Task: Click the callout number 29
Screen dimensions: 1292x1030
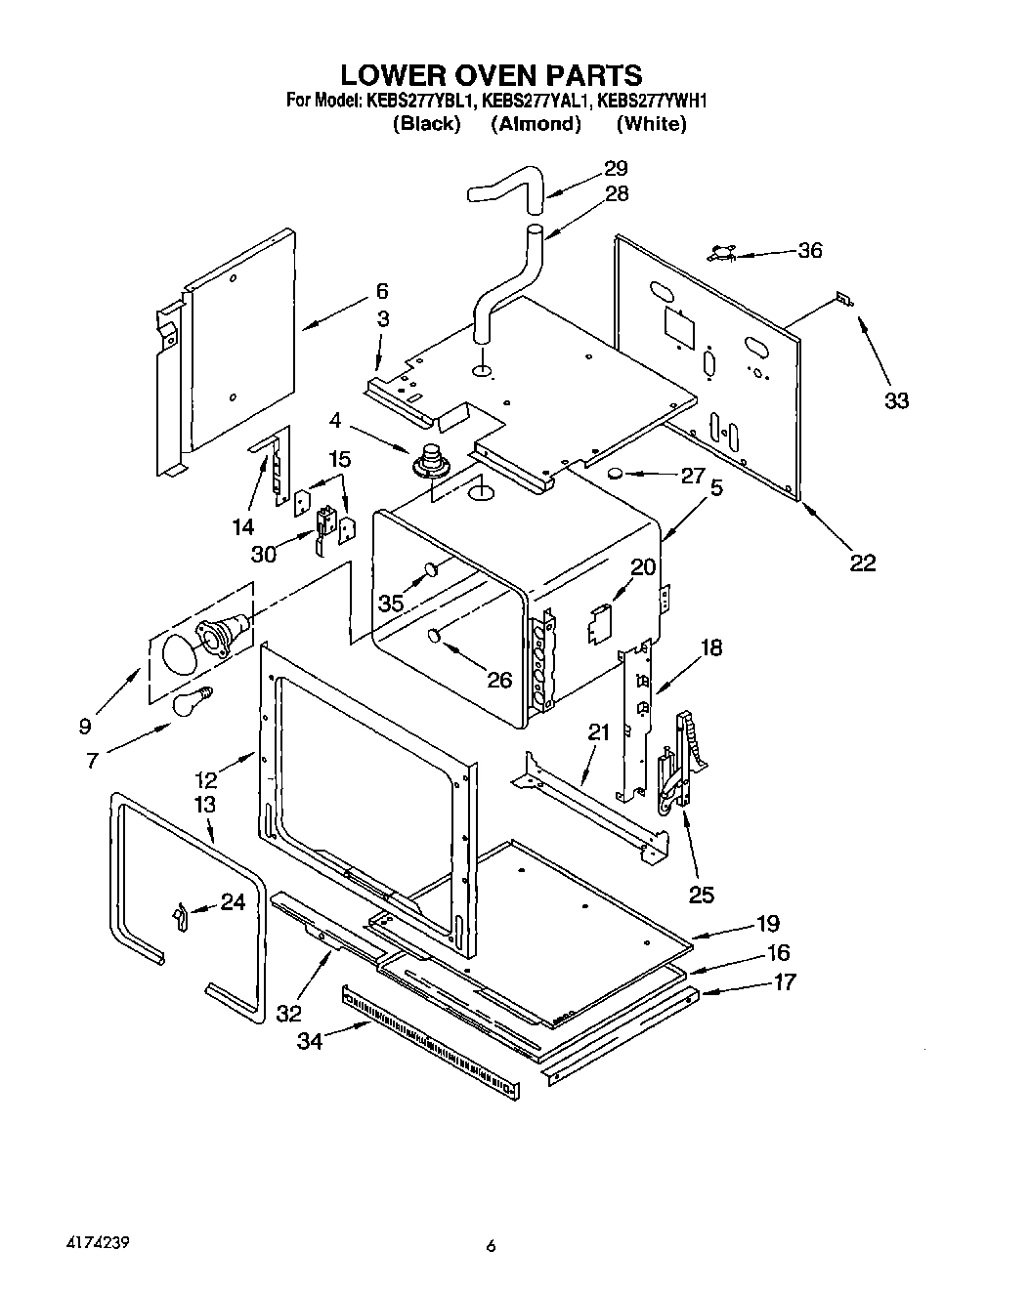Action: [x=616, y=167]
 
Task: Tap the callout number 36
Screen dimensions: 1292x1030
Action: [x=810, y=250]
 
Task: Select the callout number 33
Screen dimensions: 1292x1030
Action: [x=896, y=400]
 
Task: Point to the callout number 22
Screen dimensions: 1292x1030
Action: [x=863, y=563]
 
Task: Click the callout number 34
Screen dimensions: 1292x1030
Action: [x=310, y=1042]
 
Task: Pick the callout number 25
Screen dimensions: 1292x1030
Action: [x=702, y=894]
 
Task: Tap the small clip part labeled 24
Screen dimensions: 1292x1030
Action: [x=179, y=916]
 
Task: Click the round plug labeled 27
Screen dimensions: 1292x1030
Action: [x=616, y=475]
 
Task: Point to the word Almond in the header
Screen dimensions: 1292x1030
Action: [x=536, y=124]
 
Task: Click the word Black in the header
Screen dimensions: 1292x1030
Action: [x=425, y=124]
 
